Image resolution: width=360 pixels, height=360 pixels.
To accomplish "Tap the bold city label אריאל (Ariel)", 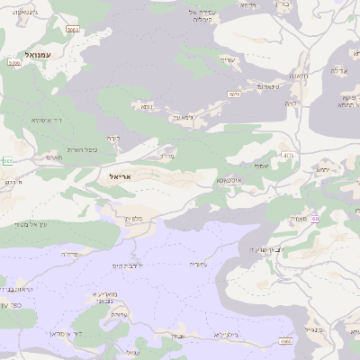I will click(x=119, y=176).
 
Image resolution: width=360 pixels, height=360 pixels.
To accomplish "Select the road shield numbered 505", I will click(x=7, y=161).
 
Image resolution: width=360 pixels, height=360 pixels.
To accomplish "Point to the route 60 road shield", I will click(x=315, y=219).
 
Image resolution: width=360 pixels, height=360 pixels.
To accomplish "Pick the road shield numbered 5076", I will click(x=235, y=94).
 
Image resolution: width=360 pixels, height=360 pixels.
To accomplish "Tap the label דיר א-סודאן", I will click(x=40, y=333).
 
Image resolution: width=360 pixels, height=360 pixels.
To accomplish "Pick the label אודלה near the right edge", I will click(x=338, y=70).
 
